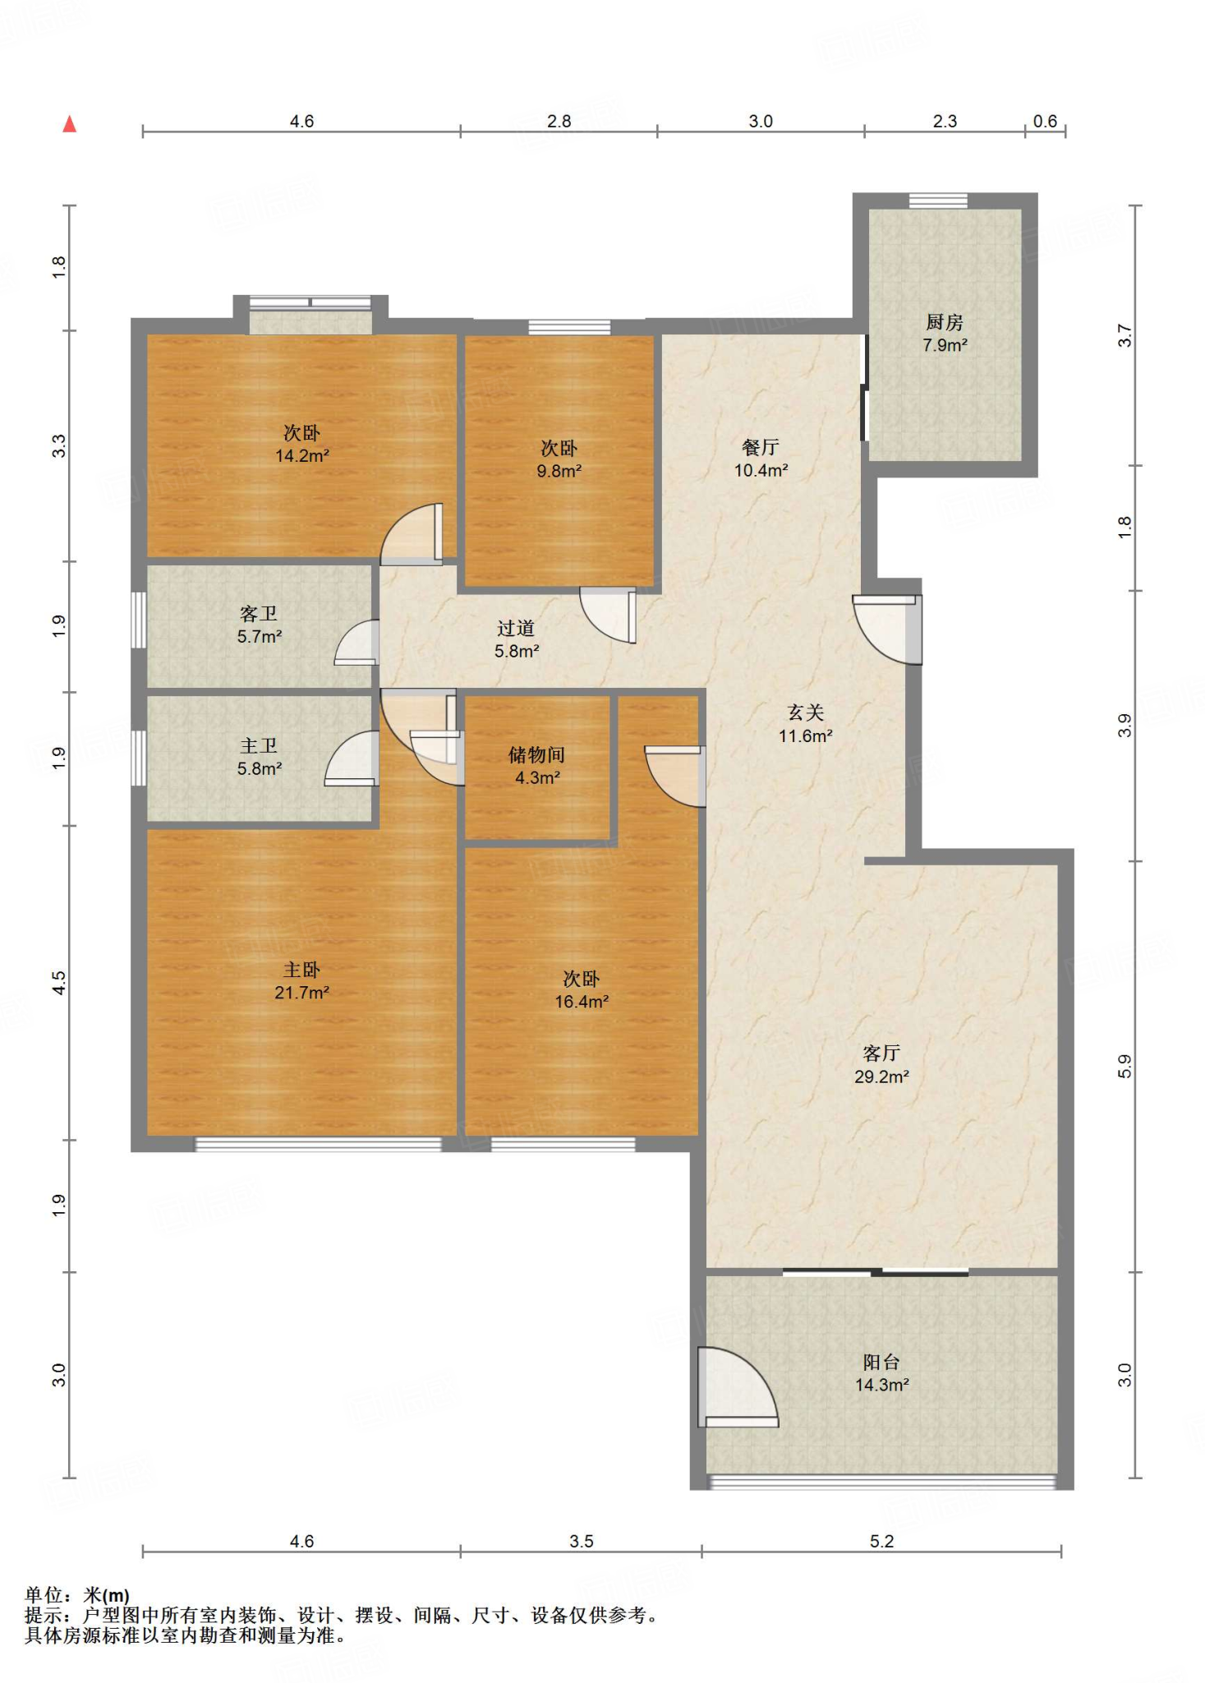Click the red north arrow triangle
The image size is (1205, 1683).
(70, 124)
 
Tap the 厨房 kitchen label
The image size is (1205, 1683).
(945, 322)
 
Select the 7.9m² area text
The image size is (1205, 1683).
(945, 345)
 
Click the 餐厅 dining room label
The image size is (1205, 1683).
(761, 447)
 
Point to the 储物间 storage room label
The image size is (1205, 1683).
(537, 754)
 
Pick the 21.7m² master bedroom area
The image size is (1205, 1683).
(302, 993)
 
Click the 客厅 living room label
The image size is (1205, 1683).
(881, 1054)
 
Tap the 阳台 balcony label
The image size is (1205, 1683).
(881, 1362)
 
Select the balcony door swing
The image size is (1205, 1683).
(738, 1387)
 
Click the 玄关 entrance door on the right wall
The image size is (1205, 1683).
(888, 629)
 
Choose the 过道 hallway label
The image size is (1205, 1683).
(516, 629)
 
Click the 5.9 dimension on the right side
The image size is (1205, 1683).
(1125, 1067)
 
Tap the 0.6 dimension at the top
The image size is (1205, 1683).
(1045, 122)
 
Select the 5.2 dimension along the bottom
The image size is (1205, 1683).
(881, 1541)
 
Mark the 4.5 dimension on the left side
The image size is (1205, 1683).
(58, 983)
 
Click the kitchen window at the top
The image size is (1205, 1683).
(938, 201)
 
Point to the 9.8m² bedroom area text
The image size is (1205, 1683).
(559, 471)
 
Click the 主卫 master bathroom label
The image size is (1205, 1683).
(259, 745)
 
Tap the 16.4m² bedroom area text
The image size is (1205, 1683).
(582, 1002)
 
